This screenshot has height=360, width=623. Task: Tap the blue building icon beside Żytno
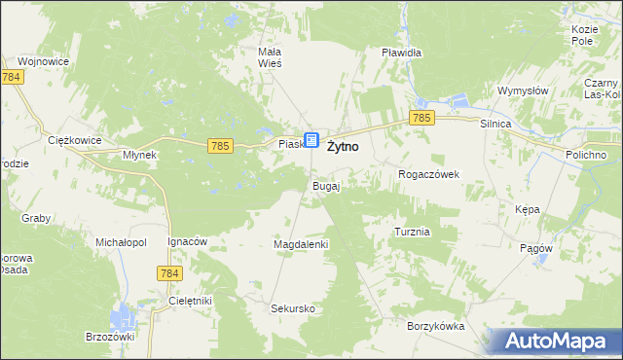[311, 141]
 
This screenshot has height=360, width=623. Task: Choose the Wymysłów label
[524, 90]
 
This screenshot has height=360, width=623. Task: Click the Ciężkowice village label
[75, 140]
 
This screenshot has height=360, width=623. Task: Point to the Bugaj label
[325, 185]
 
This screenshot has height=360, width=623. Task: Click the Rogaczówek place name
[428, 174]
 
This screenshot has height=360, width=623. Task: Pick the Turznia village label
[413, 233]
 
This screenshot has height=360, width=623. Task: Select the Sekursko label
[292, 308]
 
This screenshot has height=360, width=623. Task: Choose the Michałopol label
[120, 240]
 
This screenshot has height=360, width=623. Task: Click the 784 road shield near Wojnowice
[12, 76]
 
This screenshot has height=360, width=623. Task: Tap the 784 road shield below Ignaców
[167, 274]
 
